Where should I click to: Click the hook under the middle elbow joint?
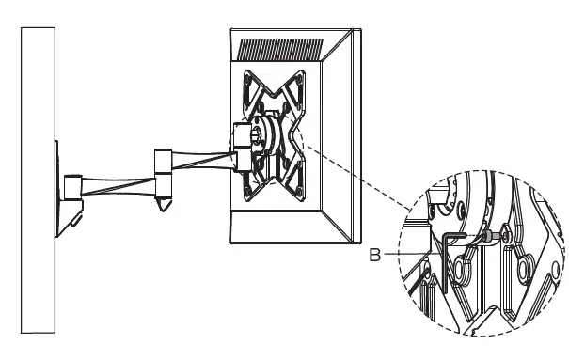tap(166, 199)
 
